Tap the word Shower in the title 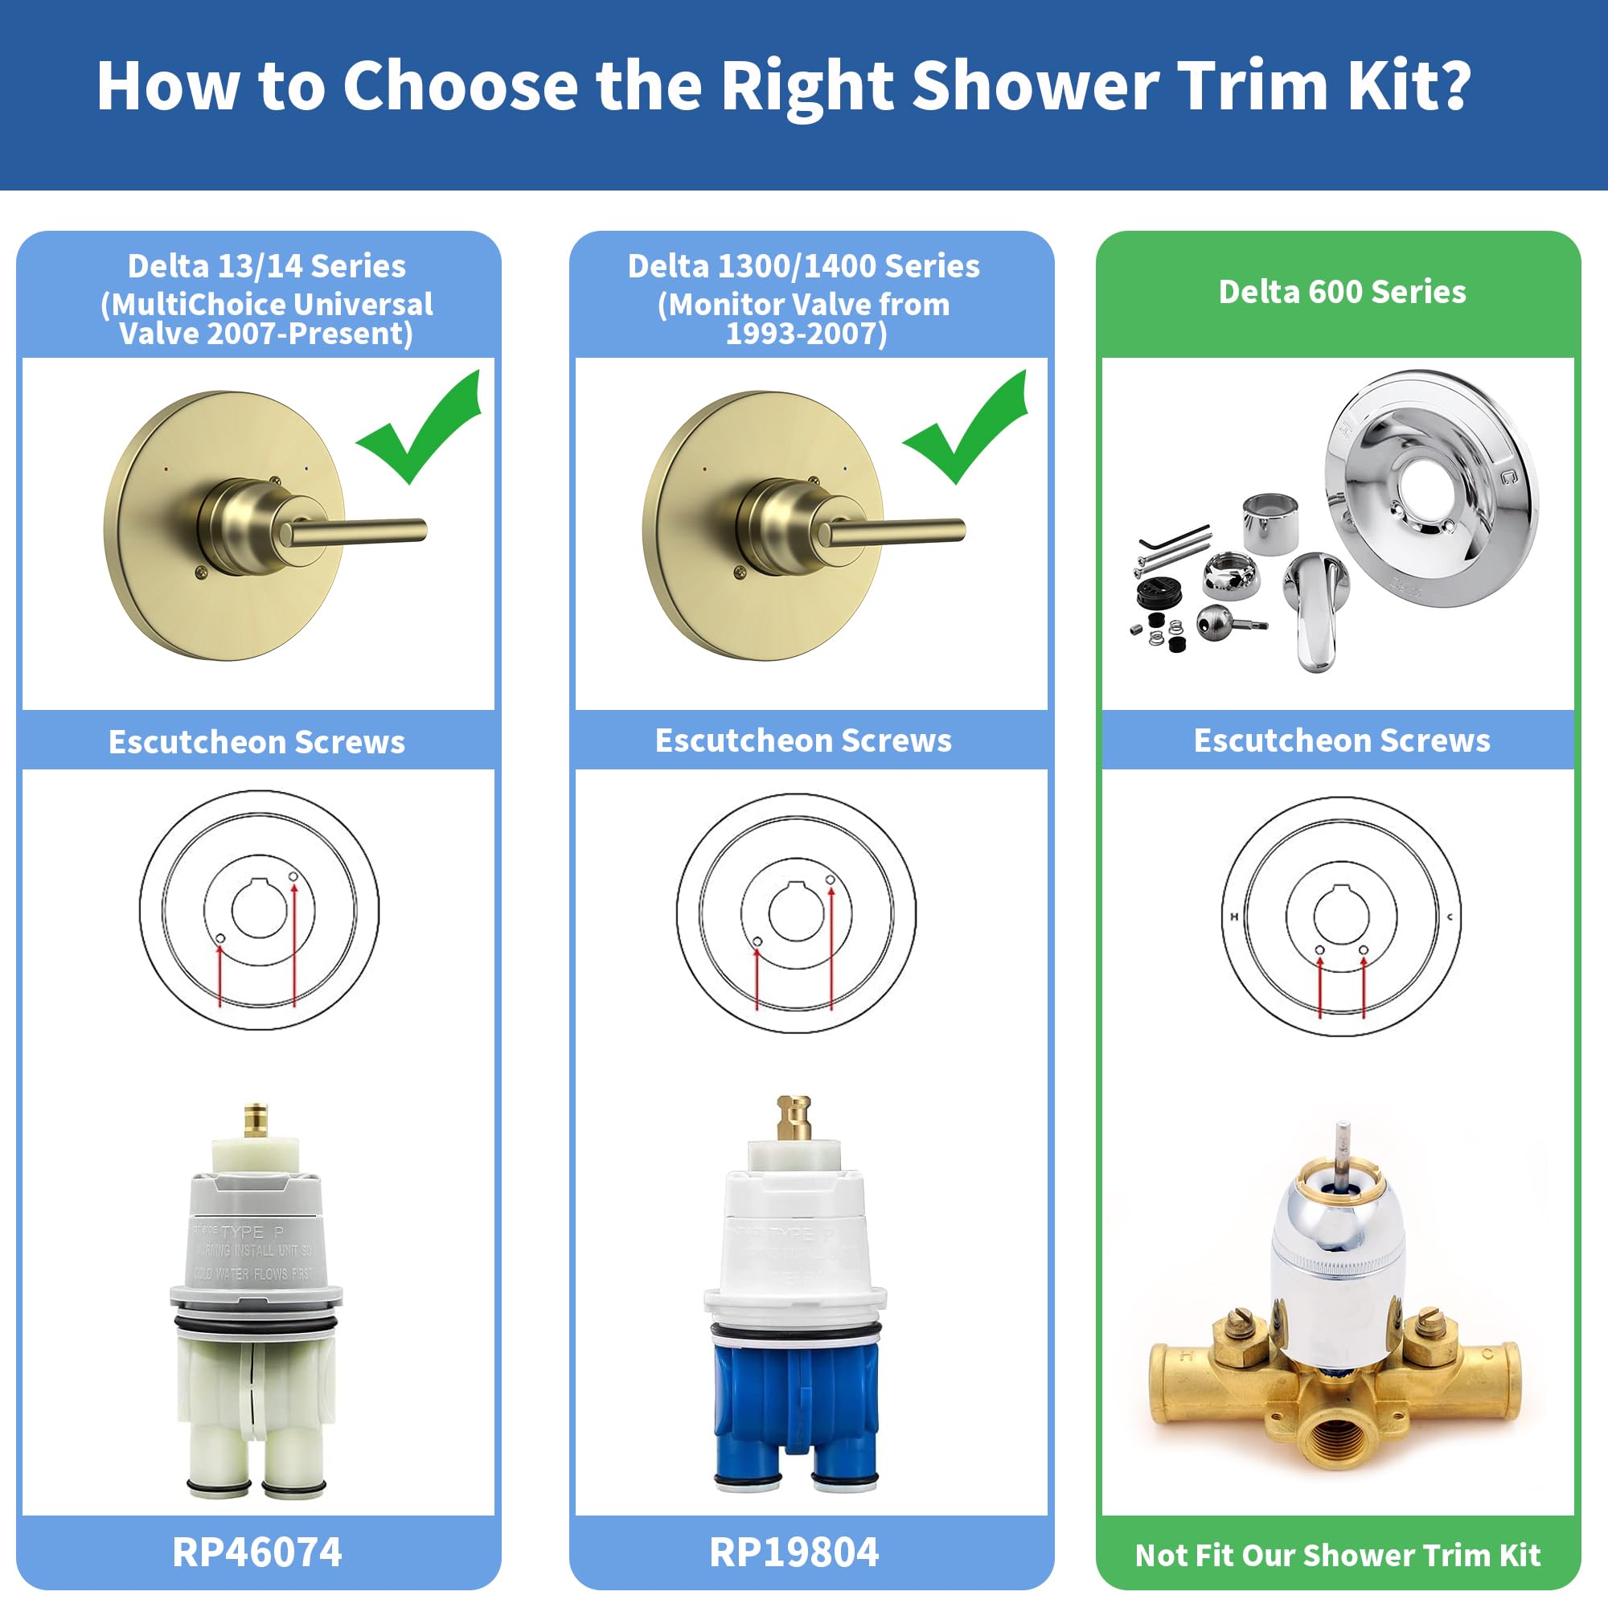(x=1035, y=85)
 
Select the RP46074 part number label (x=257, y=1552)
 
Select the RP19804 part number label (x=794, y=1552)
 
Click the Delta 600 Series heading (x=1342, y=292)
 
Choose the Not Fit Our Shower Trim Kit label (x=1338, y=1555)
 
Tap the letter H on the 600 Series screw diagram (x=1234, y=917)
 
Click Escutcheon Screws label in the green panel (x=1342, y=740)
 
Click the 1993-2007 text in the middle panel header (x=806, y=334)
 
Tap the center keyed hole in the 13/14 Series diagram (x=259, y=908)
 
